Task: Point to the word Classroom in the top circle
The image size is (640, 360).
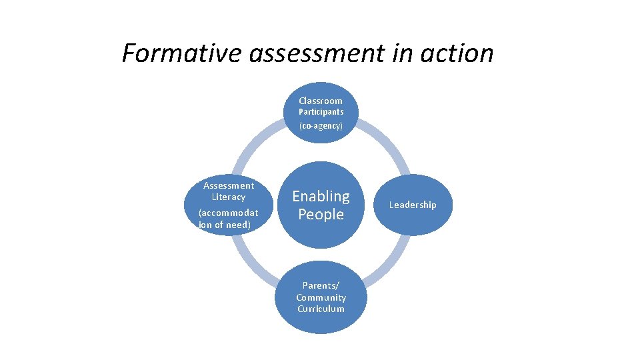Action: [x=321, y=101]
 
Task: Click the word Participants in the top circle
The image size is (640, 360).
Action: [x=321, y=112]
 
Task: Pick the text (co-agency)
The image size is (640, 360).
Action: [x=321, y=125]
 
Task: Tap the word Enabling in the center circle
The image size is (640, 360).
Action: [x=321, y=196]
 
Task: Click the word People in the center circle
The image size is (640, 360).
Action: [x=321, y=215]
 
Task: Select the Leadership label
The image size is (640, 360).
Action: [x=413, y=205]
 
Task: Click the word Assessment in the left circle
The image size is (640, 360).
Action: [x=229, y=185]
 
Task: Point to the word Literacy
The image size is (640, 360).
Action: [x=229, y=197]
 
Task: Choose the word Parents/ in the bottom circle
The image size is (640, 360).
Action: [x=321, y=286]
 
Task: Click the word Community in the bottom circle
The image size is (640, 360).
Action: [x=321, y=297]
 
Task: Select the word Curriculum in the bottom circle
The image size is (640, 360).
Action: [x=321, y=309]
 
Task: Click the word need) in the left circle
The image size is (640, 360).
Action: [x=237, y=225]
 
